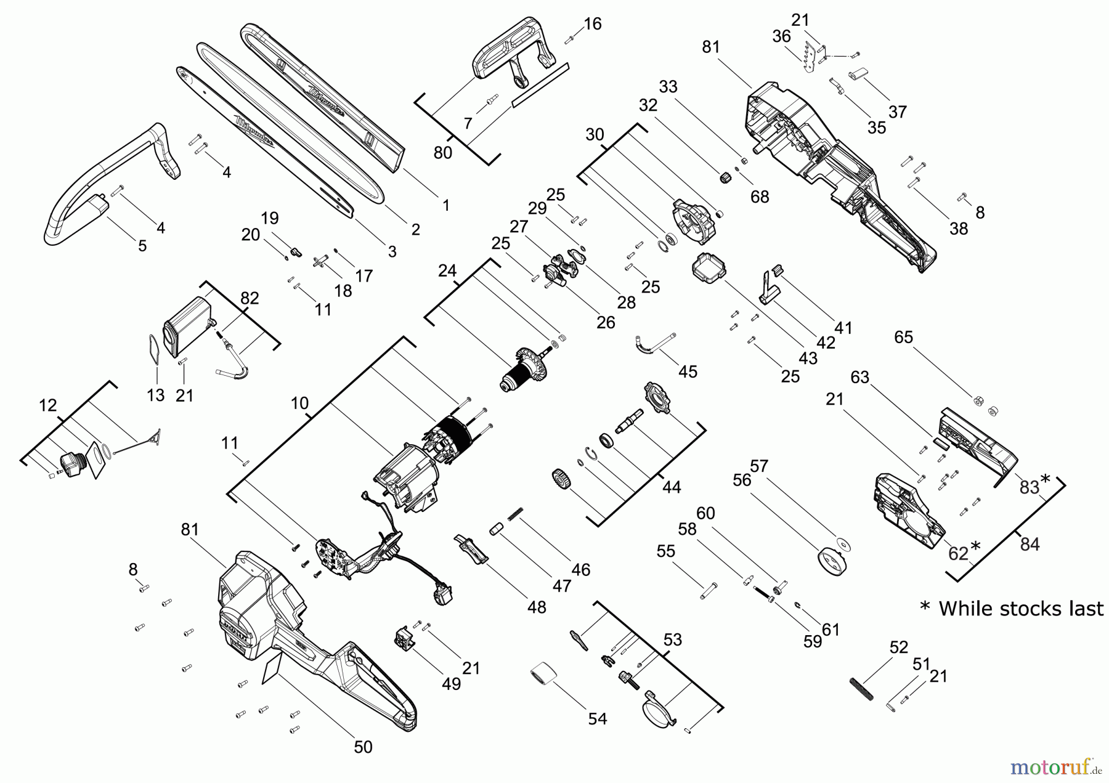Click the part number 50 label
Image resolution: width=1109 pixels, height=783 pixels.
click(363, 747)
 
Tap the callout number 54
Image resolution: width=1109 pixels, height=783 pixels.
click(597, 718)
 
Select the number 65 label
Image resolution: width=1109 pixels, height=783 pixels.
click(904, 337)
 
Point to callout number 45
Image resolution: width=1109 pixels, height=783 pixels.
click(688, 371)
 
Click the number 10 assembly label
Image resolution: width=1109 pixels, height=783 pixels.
click(299, 404)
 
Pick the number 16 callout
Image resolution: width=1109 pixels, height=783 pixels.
click(592, 24)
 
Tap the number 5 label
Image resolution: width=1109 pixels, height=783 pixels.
click(142, 245)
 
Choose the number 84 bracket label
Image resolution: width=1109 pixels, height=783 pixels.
click(1030, 544)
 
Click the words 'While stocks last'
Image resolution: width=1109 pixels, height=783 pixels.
click(1021, 609)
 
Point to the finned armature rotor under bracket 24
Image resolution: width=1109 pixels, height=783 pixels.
click(527, 368)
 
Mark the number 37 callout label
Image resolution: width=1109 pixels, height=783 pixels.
click(897, 112)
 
